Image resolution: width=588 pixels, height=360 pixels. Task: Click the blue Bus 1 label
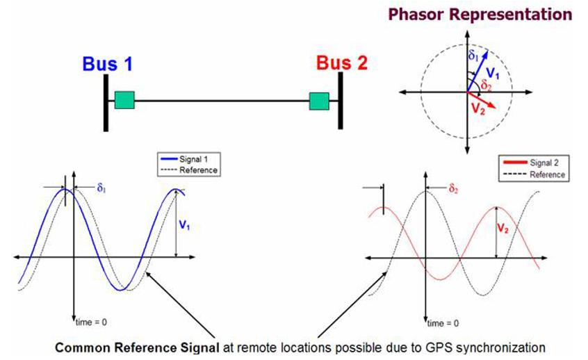tap(107, 64)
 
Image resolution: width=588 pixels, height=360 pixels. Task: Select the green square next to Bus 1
tap(125, 101)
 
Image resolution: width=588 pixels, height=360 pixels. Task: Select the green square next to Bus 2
tap(320, 101)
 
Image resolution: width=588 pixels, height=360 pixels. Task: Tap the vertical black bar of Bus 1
tap(106, 103)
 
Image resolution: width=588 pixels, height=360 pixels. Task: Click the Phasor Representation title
tap(480, 14)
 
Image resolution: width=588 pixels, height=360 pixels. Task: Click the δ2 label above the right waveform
tap(452, 188)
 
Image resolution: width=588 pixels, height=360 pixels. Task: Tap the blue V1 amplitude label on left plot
tap(184, 226)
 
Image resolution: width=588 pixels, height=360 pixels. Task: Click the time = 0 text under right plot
tap(445, 322)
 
